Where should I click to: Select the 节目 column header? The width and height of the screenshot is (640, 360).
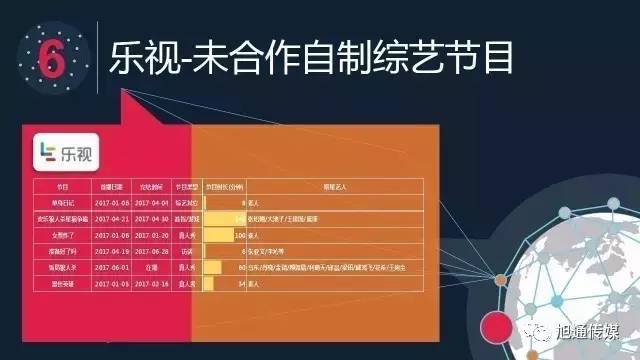click(x=62, y=186)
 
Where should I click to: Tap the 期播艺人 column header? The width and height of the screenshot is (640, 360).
click(x=336, y=186)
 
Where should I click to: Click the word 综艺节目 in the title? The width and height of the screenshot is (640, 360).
click(x=435, y=58)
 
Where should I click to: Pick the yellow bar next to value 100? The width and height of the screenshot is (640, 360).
click(x=218, y=235)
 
